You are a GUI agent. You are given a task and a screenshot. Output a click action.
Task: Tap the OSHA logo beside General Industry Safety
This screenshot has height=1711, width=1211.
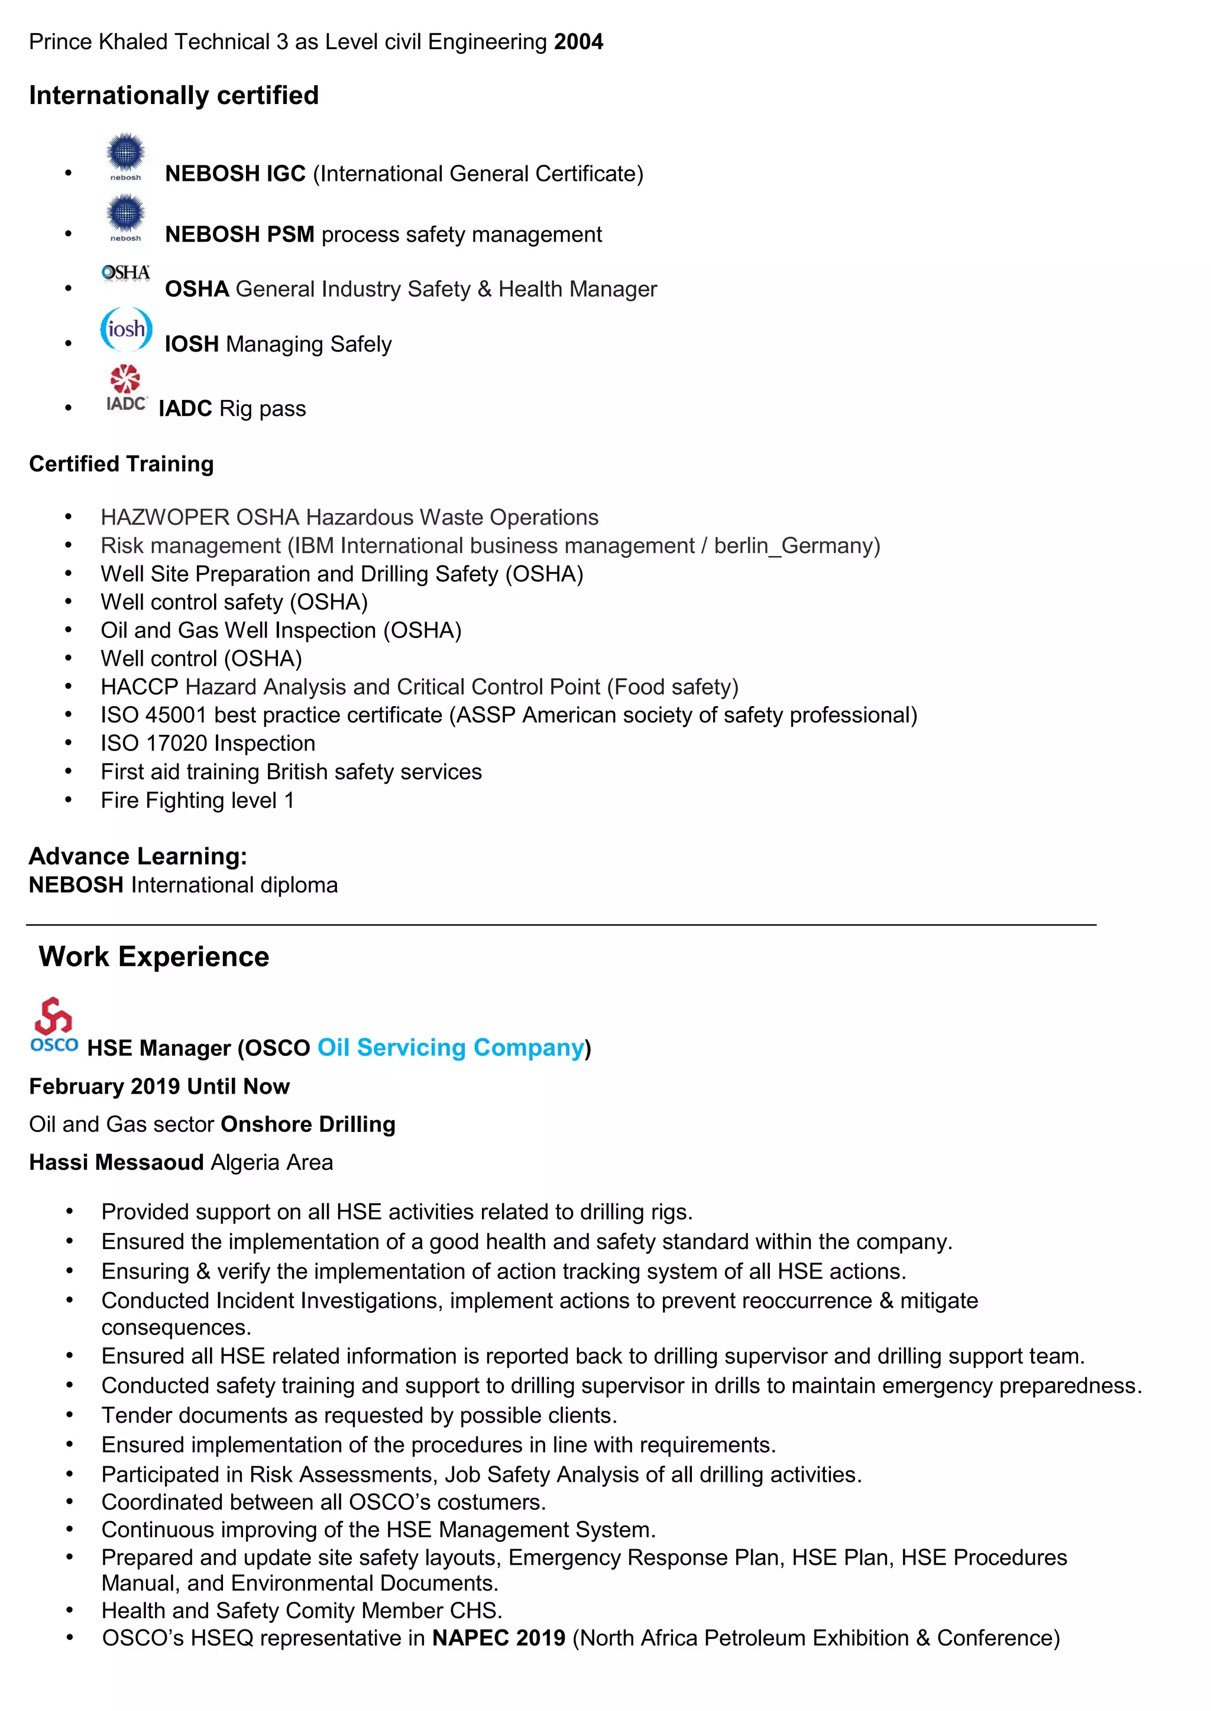(125, 273)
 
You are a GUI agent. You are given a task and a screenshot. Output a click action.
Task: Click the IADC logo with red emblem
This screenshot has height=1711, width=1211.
(126, 388)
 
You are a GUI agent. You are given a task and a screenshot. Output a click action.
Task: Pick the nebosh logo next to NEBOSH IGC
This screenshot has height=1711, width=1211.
(125, 157)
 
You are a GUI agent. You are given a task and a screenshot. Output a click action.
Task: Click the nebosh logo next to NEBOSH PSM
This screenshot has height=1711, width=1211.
(125, 217)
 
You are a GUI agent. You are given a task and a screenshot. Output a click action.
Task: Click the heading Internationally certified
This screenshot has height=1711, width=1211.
(174, 95)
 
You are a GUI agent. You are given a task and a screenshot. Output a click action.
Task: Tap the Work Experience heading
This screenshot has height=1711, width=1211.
(154, 956)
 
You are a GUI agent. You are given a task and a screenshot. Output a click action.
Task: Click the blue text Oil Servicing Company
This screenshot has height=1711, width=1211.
(451, 1047)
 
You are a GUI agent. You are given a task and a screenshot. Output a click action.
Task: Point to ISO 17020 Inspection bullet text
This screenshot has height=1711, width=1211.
(208, 743)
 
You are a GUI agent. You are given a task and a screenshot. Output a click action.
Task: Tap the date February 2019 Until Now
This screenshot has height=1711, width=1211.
(159, 1086)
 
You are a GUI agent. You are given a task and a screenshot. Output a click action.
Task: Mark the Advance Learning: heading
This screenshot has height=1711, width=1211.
(138, 856)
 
